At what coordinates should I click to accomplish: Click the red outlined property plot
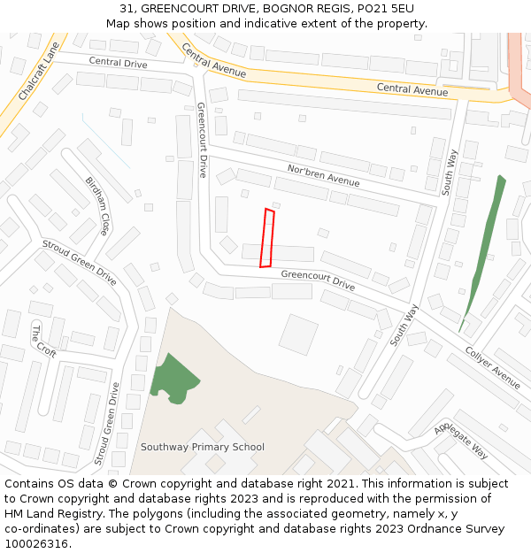(266, 237)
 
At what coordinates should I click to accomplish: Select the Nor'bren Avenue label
(323, 174)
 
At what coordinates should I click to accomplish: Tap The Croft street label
(43, 341)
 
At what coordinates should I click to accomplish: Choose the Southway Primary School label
(202, 447)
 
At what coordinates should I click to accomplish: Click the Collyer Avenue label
(493, 367)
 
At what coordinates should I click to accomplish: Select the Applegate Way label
(461, 440)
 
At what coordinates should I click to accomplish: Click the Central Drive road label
(118, 63)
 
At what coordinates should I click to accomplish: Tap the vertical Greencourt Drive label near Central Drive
(202, 140)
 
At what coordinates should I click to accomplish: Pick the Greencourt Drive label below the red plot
(318, 280)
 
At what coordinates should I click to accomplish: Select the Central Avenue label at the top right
(412, 89)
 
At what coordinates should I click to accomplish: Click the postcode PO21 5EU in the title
(386, 9)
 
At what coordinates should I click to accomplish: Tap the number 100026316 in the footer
(36, 543)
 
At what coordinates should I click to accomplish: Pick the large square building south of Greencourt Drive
(298, 334)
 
